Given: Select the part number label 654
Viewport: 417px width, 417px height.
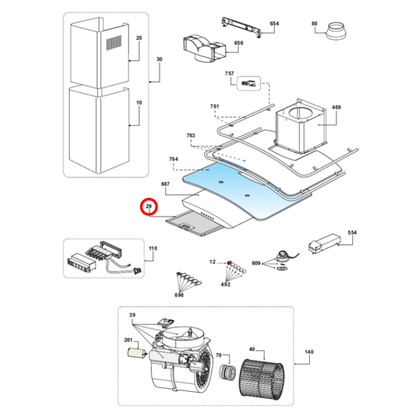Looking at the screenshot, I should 273,24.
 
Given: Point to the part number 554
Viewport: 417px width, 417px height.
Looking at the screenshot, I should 351,233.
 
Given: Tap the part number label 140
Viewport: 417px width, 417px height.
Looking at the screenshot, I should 308,353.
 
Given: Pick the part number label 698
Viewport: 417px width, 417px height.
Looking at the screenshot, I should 180,294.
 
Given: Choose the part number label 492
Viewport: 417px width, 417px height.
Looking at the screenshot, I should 225,285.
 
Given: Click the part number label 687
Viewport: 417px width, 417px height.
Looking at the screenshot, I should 165,183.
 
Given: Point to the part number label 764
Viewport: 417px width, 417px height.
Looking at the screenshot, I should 174,159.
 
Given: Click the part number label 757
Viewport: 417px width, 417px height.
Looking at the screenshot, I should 229,73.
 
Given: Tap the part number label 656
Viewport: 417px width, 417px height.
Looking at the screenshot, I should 239,43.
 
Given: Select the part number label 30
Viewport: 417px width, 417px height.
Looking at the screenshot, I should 159,59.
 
